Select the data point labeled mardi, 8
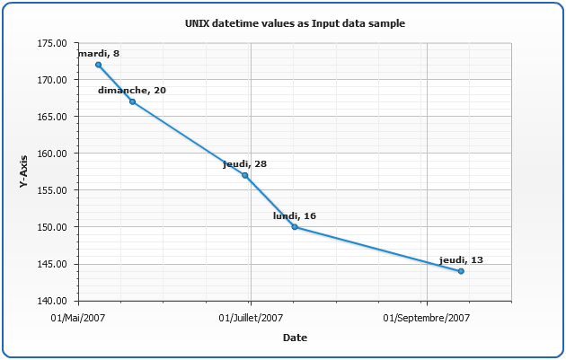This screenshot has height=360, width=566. [98, 65]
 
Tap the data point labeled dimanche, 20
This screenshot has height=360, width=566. [133, 101]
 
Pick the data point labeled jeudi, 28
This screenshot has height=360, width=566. [245, 175]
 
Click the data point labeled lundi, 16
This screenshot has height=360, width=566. [295, 227]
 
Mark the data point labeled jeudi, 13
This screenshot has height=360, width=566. [461, 271]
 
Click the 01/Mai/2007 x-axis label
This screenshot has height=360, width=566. [77, 318]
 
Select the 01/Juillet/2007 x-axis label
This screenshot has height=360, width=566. [252, 318]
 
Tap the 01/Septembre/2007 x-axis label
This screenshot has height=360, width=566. [427, 318]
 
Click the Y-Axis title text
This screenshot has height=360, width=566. [23, 171]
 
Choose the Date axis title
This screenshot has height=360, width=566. [295, 338]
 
